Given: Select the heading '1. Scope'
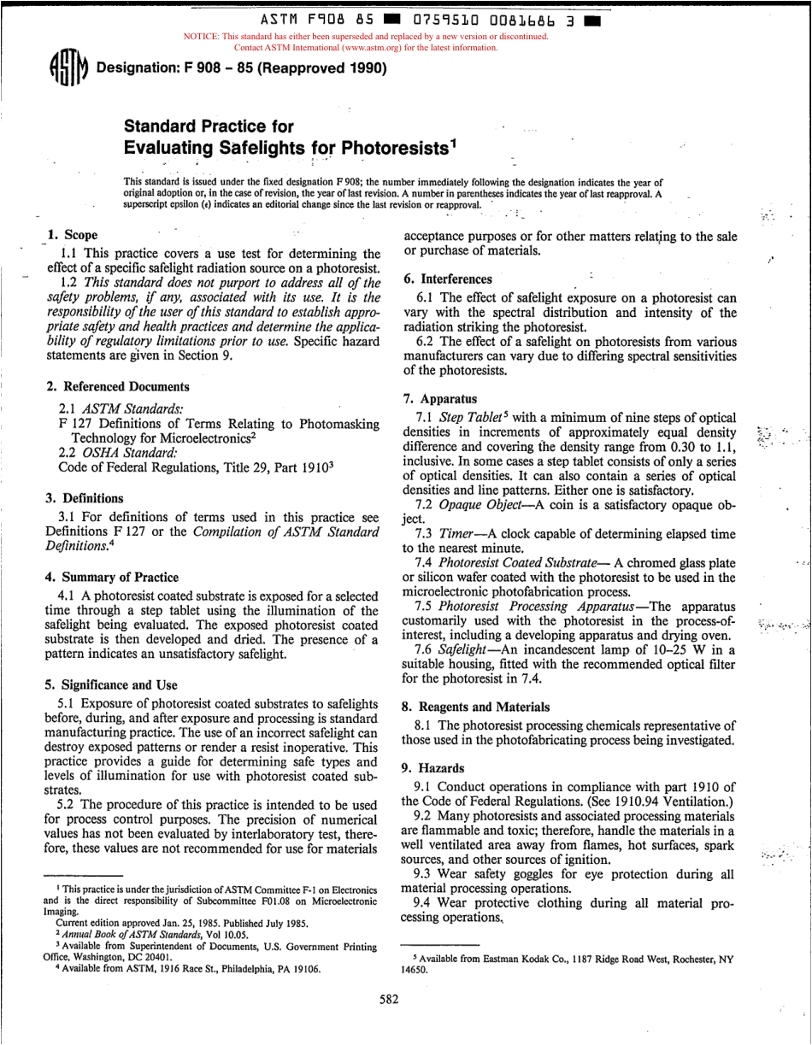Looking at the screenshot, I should click(x=73, y=235).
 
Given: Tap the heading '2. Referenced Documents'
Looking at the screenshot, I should click(x=118, y=386).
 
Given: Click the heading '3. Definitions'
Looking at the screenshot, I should click(x=84, y=498).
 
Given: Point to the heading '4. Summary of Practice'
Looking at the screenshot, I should click(x=112, y=577).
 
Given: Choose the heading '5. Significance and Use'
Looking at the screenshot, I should click(x=111, y=684).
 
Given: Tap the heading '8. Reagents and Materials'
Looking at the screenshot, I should click(x=476, y=707).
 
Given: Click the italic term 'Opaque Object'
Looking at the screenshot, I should click(x=482, y=505).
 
